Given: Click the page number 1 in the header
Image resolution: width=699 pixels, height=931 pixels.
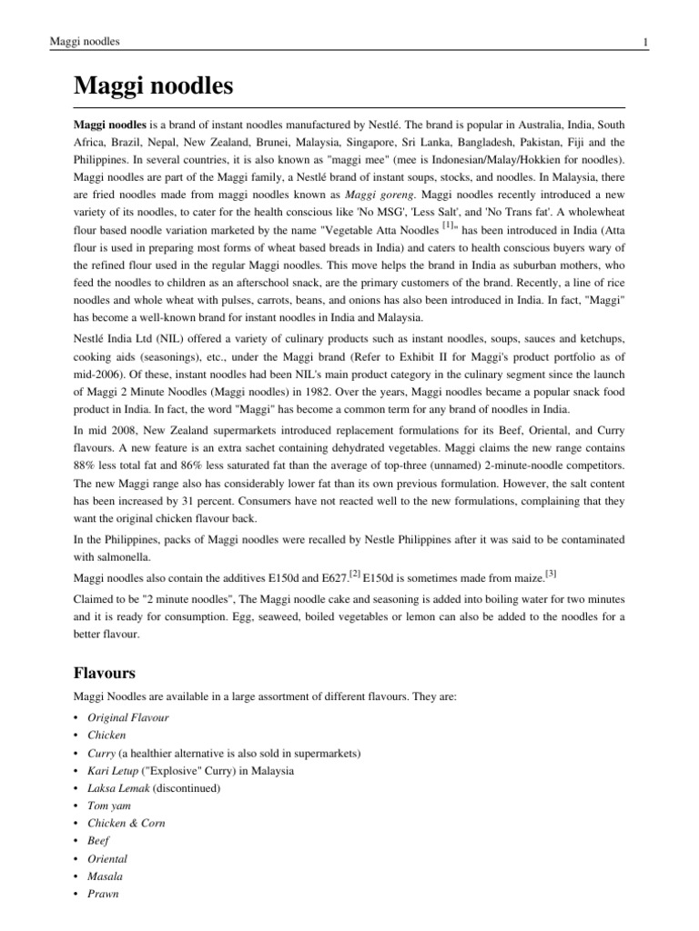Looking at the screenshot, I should click(644, 42).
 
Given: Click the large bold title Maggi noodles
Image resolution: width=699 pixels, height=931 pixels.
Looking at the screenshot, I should click(153, 87).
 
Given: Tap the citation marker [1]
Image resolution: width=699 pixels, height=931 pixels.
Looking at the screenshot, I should click(449, 224).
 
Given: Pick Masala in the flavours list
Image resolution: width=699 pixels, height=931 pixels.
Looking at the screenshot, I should click(105, 876).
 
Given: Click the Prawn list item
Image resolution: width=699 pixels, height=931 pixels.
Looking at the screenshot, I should click(103, 894).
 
